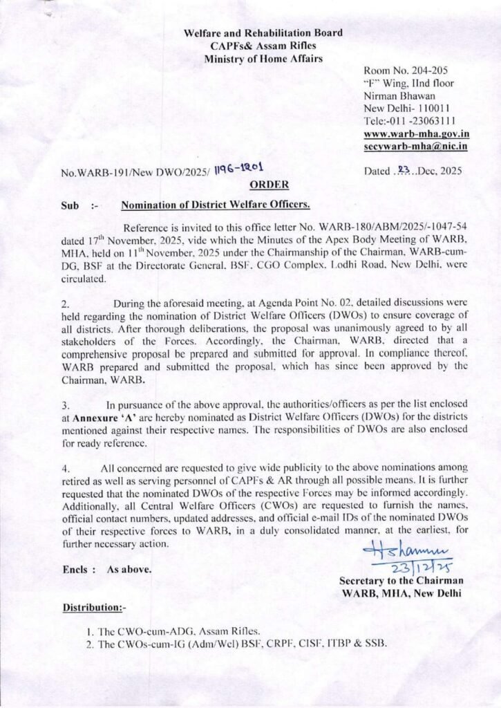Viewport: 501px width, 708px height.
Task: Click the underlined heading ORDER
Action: [x=264, y=185]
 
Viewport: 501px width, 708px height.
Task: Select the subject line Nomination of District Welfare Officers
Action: [x=216, y=205]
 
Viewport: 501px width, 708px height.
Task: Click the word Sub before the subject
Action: [x=70, y=205]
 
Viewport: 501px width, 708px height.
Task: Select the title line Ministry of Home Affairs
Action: [x=263, y=58]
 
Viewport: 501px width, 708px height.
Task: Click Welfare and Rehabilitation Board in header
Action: [x=263, y=32]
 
